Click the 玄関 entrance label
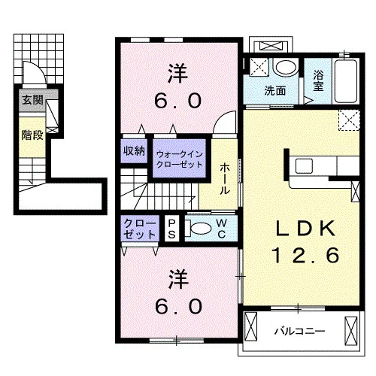point(32,100)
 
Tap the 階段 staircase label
point(32,135)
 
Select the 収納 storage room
point(134,151)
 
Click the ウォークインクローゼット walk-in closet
point(179,159)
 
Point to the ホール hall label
point(225,178)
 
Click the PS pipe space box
point(171,229)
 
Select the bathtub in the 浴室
point(346,81)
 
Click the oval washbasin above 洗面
point(286,67)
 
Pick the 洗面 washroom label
point(275,90)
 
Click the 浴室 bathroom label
point(318,80)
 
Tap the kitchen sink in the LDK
point(304,165)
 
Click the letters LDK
point(305,228)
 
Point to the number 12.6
point(306,255)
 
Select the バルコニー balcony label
point(299,331)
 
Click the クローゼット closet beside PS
point(140,229)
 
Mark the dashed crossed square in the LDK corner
point(349,120)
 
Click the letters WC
point(222,228)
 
